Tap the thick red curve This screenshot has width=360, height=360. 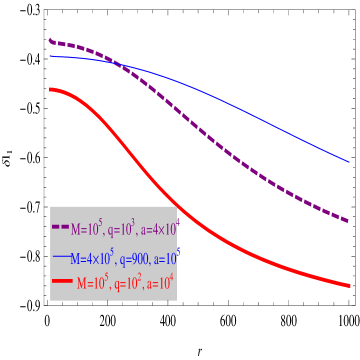pyautogui.click(x=150, y=180)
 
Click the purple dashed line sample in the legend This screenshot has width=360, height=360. pyautogui.click(x=60, y=229)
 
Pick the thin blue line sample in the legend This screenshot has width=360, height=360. pyautogui.click(x=62, y=257)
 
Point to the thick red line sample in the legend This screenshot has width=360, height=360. pyautogui.click(x=62, y=283)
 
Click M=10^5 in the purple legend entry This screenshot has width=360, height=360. pyautogui.click(x=88, y=228)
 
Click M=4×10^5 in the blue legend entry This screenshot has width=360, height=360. pyautogui.click(x=95, y=256)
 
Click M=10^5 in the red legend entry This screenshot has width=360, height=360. pyautogui.click(x=93, y=283)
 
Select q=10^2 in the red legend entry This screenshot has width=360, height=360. pyautogui.click(x=128, y=283)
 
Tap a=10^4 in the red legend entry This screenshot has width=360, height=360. pyautogui.click(x=160, y=283)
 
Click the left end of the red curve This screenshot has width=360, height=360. pyautogui.click(x=50, y=89)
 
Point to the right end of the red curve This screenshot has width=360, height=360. pyautogui.click(x=350, y=286)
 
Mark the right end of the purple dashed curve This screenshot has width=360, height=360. pyautogui.click(x=348, y=221)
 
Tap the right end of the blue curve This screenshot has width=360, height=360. pyautogui.click(x=349, y=161)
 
